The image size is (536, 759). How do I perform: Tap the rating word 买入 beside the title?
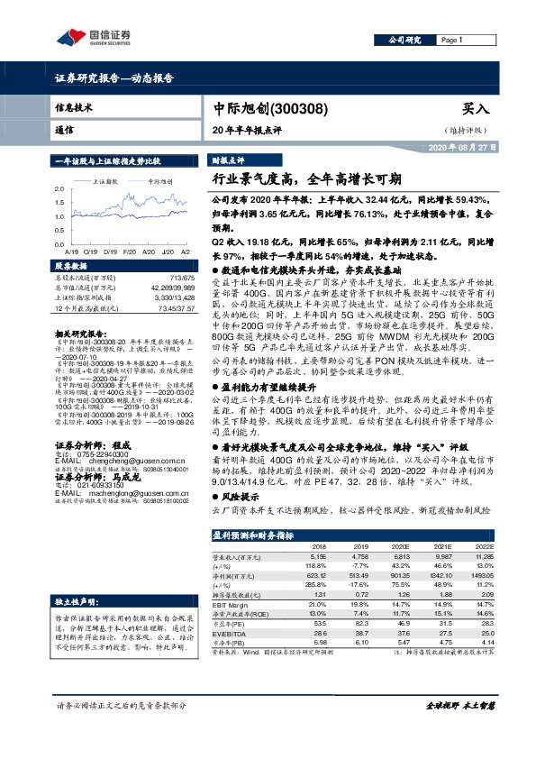[x=476, y=108]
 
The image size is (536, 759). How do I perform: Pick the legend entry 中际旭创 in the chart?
[x=163, y=181]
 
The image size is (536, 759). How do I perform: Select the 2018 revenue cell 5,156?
[x=319, y=558]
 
